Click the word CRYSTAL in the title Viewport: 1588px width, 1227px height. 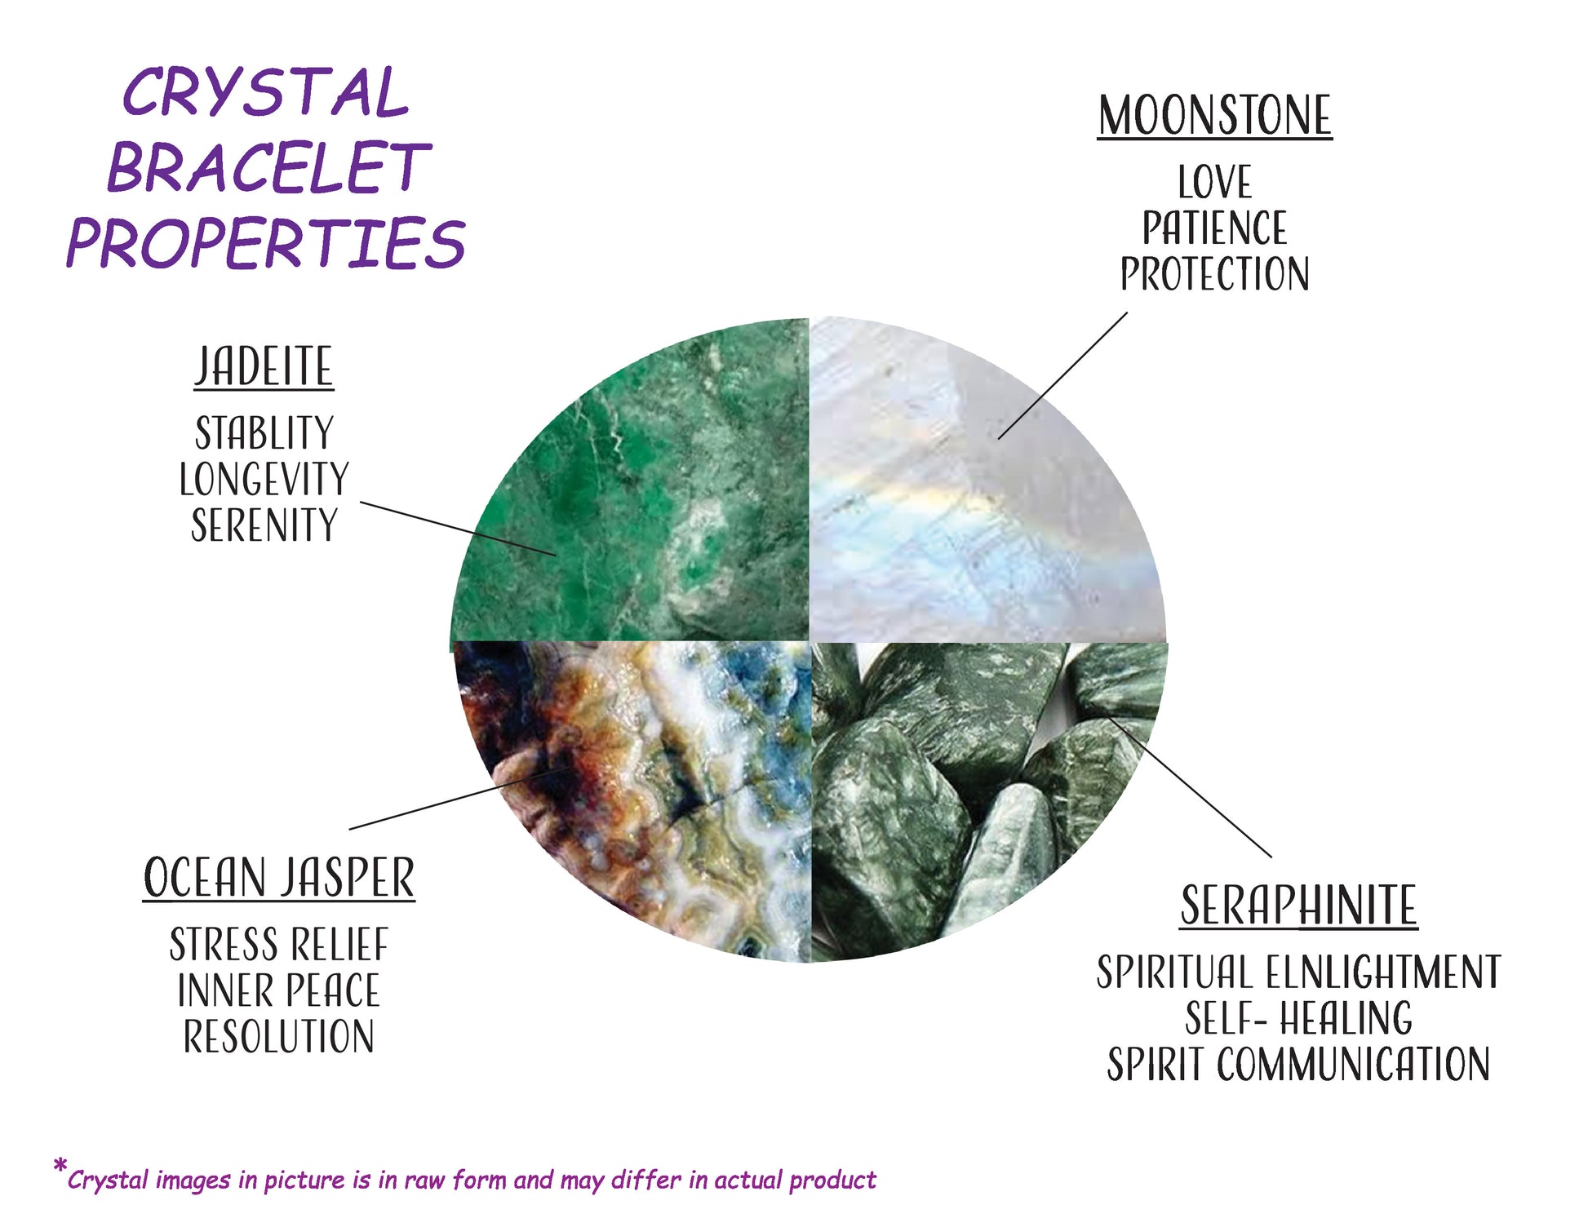[x=265, y=93]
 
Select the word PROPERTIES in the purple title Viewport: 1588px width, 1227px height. [x=265, y=242]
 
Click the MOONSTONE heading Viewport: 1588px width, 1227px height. [x=1214, y=116]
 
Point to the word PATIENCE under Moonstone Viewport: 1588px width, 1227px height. [x=1214, y=228]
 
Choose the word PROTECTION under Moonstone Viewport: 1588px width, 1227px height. [x=1214, y=274]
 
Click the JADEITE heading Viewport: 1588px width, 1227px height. [x=264, y=366]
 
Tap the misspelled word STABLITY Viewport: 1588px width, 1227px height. [x=264, y=432]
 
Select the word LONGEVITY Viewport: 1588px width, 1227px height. [x=264, y=479]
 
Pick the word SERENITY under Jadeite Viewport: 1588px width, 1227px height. [x=264, y=525]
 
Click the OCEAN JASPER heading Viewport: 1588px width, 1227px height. [x=279, y=878]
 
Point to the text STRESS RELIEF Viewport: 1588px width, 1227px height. [x=279, y=945]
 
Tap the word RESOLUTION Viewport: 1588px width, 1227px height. [x=279, y=1037]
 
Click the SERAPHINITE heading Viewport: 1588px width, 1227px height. [x=1299, y=906]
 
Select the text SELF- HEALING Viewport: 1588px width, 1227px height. [x=1299, y=1018]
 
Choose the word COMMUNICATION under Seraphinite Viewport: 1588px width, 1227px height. [x=1355, y=1064]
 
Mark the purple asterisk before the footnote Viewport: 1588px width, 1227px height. [x=60, y=1166]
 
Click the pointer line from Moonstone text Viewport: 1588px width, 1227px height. [x=1062, y=375]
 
